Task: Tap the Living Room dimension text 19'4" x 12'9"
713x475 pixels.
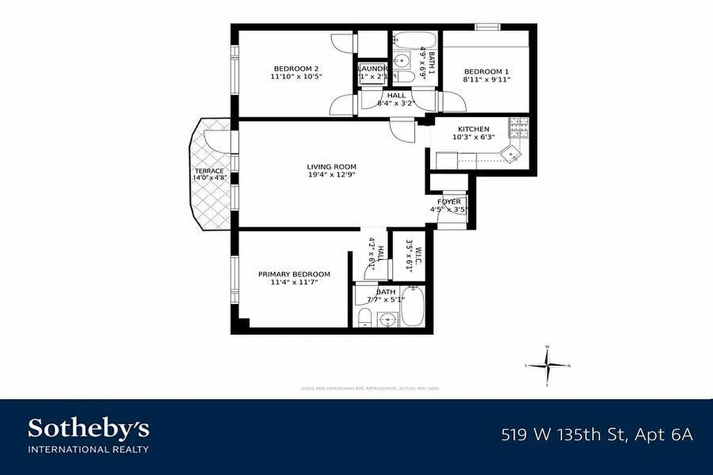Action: (x=332, y=175)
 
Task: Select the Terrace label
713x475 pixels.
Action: (x=209, y=171)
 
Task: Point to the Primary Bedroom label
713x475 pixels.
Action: (x=294, y=274)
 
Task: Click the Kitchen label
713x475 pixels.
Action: (x=474, y=129)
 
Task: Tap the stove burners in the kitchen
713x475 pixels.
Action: (x=518, y=126)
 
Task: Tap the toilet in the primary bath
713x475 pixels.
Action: (x=365, y=318)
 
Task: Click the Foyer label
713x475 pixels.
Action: (x=449, y=202)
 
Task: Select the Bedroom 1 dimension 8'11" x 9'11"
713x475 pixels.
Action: (x=487, y=79)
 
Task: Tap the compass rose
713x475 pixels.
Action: (x=548, y=366)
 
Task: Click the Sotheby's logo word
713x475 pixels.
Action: (x=89, y=429)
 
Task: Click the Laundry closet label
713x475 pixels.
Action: (x=373, y=68)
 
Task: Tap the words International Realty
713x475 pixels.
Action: (x=89, y=449)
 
